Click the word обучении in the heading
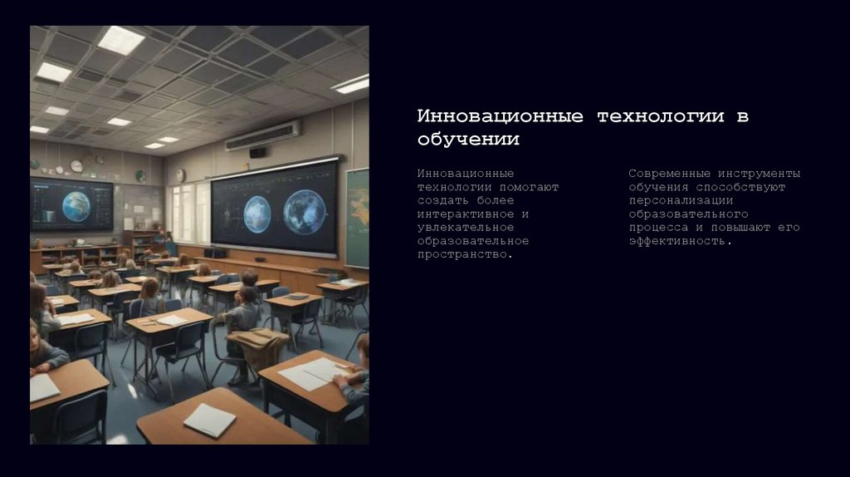tap(467, 140)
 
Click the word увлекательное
tap(466, 227)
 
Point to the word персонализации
tap(681, 200)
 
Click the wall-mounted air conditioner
tap(262, 135)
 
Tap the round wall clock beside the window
tap(180, 175)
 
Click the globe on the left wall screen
tap(76, 205)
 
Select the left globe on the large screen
tap(256, 213)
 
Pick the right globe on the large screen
tap(304, 211)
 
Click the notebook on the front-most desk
tap(209, 420)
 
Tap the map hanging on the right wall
tap(358, 216)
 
